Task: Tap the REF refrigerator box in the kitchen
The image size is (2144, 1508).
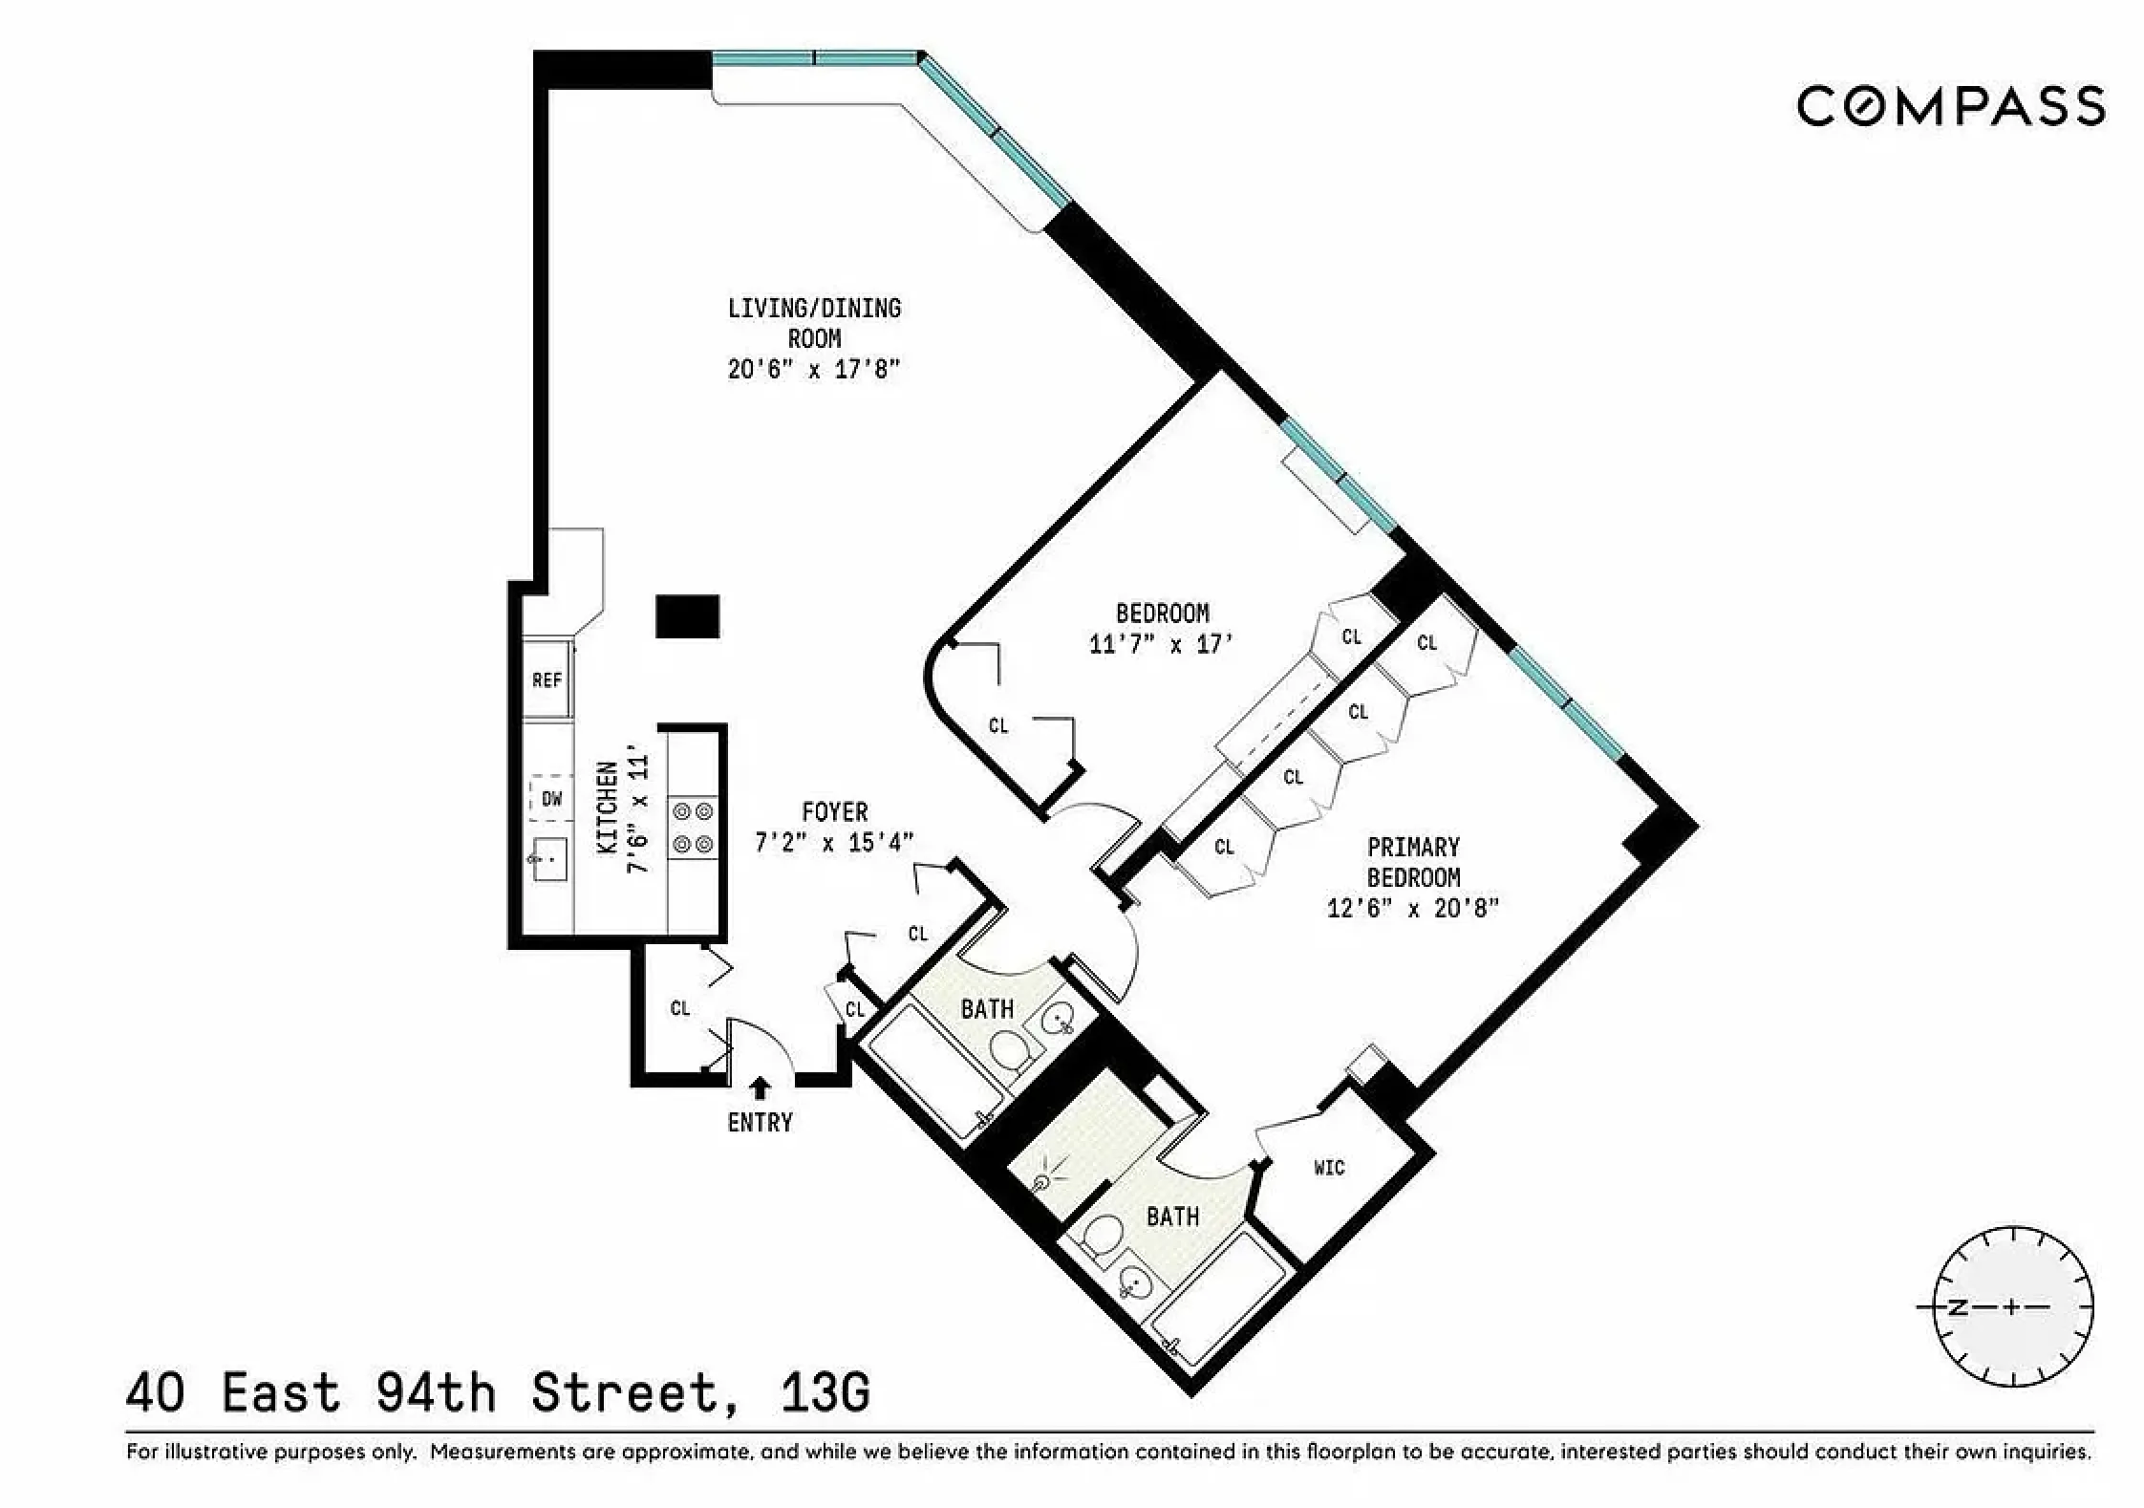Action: [x=547, y=679]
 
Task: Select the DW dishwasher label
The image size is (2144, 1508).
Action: [x=552, y=799]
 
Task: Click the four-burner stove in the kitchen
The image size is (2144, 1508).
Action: [x=694, y=828]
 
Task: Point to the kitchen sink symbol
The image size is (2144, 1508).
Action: [x=549, y=859]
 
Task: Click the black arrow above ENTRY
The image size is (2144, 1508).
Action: [x=761, y=1088]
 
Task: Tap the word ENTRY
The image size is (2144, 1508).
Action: [x=760, y=1122]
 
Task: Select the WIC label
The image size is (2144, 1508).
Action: [x=1329, y=1168]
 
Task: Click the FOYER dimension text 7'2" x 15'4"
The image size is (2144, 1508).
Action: [x=834, y=842]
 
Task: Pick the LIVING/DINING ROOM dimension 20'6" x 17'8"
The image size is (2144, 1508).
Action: [x=814, y=369]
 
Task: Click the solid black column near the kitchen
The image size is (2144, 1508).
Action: [x=687, y=615]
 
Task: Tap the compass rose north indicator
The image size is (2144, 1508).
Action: [x=1959, y=1307]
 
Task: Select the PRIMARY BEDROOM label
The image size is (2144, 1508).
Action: [x=1413, y=862]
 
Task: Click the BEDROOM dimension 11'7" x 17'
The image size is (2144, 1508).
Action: [x=1162, y=644]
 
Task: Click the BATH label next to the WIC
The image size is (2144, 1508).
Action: [x=1172, y=1217]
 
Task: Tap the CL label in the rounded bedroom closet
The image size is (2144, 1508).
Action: [x=998, y=726]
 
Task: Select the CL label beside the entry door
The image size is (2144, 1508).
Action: [x=680, y=1008]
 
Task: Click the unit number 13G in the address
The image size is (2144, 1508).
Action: [x=825, y=1392]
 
